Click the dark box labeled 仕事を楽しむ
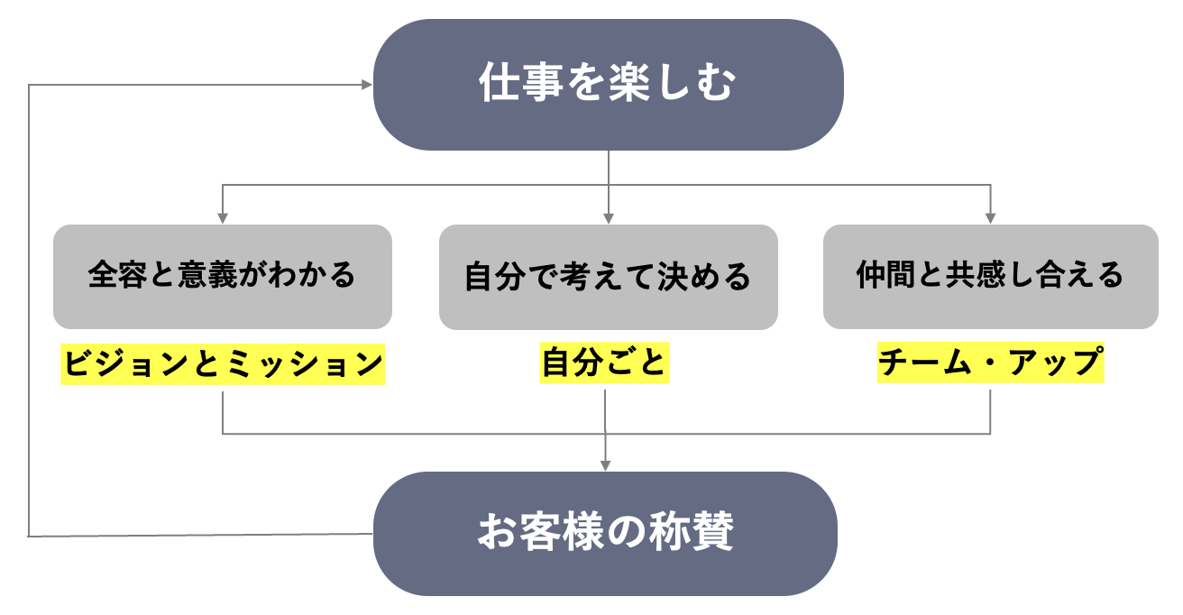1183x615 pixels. pos(608,85)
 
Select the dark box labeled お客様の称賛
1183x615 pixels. pos(605,534)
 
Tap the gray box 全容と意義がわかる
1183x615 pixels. pos(222,276)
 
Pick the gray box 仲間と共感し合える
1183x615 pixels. pos(990,276)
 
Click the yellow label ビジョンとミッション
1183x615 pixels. pos(223,364)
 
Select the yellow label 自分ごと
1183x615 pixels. pos(604,364)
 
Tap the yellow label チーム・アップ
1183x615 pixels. pos(990,364)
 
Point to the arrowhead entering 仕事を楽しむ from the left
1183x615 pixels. pos(367,85)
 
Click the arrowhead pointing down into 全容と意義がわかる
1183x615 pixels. pos(222,218)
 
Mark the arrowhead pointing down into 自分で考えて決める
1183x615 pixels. pos(609,218)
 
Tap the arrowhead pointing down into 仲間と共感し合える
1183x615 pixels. pos(990,218)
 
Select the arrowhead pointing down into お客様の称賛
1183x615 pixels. pos(605,465)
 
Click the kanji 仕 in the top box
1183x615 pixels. pos(499,85)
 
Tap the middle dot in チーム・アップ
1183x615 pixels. pos(990,364)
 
